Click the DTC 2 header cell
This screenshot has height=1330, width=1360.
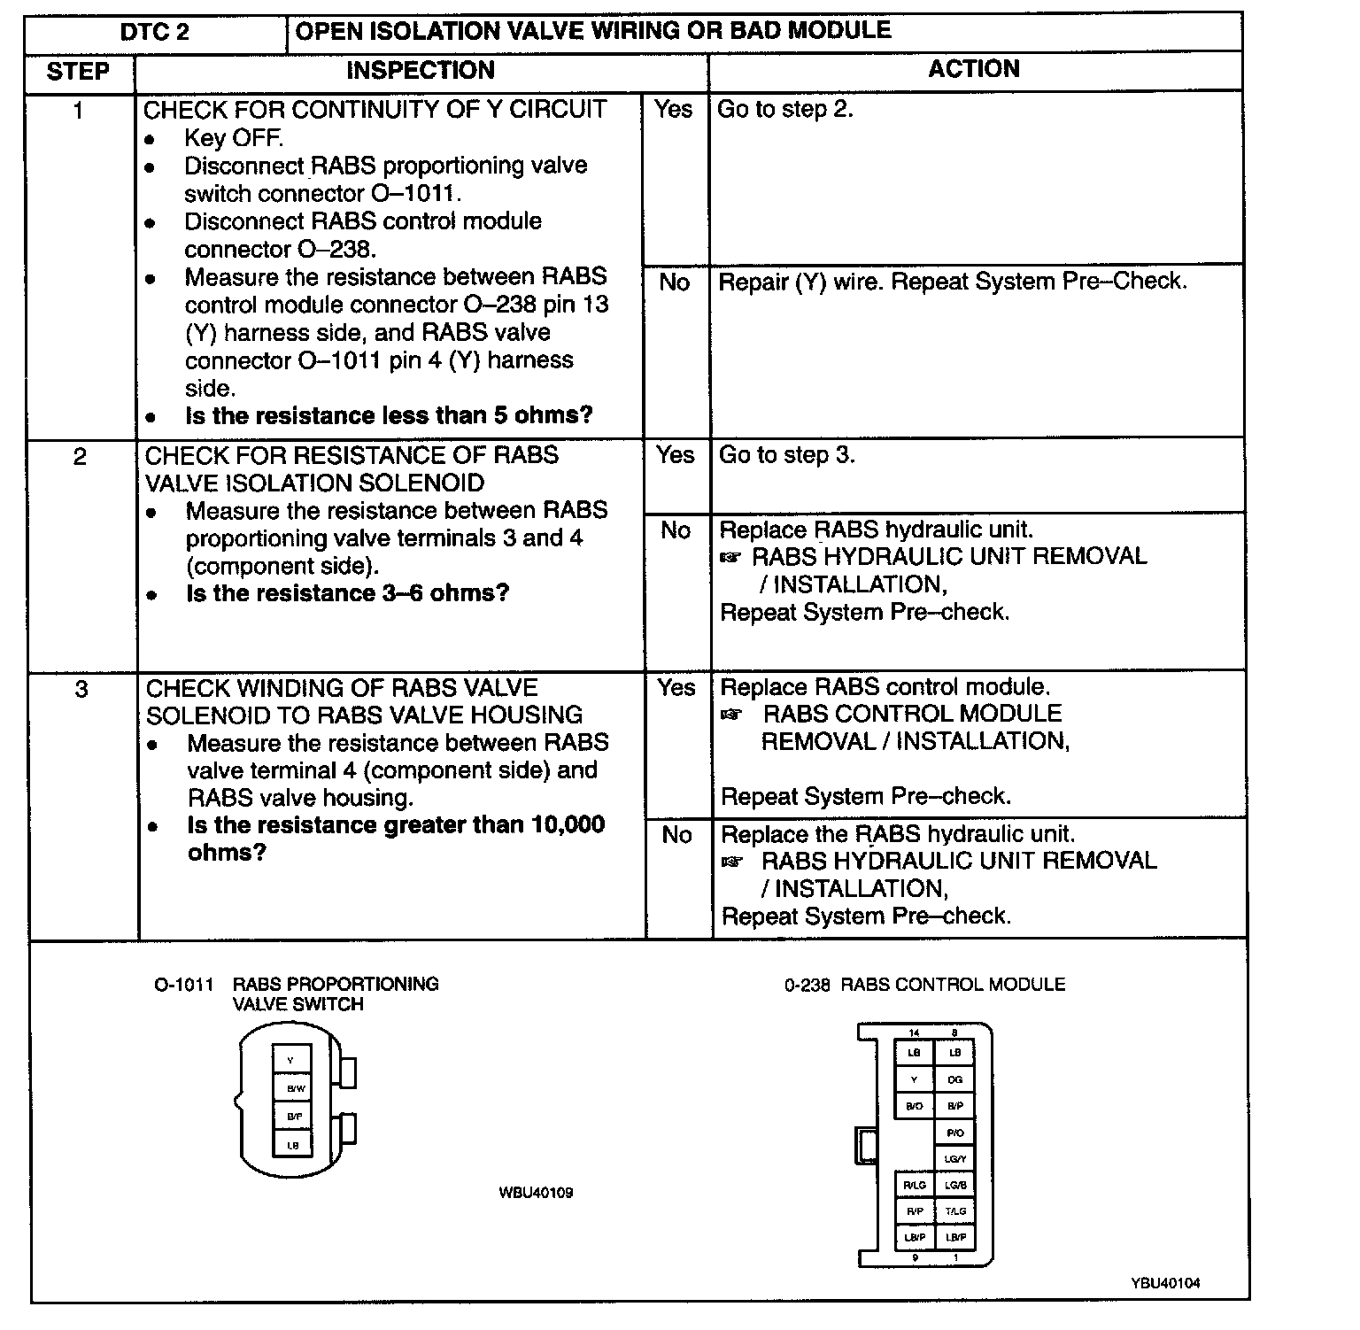click(155, 33)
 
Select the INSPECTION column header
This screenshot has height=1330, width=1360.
click(420, 71)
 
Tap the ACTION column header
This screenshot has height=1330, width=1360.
click(974, 69)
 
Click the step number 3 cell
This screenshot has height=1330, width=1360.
click(81, 689)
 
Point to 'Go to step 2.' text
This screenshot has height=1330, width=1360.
click(784, 110)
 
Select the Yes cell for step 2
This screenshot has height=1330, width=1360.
click(676, 455)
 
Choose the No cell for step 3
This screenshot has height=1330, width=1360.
click(677, 835)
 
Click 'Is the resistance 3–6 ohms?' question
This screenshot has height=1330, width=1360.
click(347, 593)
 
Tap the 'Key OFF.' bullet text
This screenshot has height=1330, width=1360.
click(234, 138)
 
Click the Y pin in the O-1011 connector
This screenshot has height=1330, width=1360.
click(290, 1060)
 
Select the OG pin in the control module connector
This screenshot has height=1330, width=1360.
click(954, 1080)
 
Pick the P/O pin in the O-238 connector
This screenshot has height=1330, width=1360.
click(954, 1133)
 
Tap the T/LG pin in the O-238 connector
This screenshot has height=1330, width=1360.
click(954, 1211)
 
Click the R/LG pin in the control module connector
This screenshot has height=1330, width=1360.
click(915, 1185)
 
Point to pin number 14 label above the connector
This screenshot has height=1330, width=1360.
click(915, 1032)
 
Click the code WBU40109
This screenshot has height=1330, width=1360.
click(536, 1193)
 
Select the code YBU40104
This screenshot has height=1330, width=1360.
click(1165, 1283)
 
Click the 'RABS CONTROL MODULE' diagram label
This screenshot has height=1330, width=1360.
click(953, 985)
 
